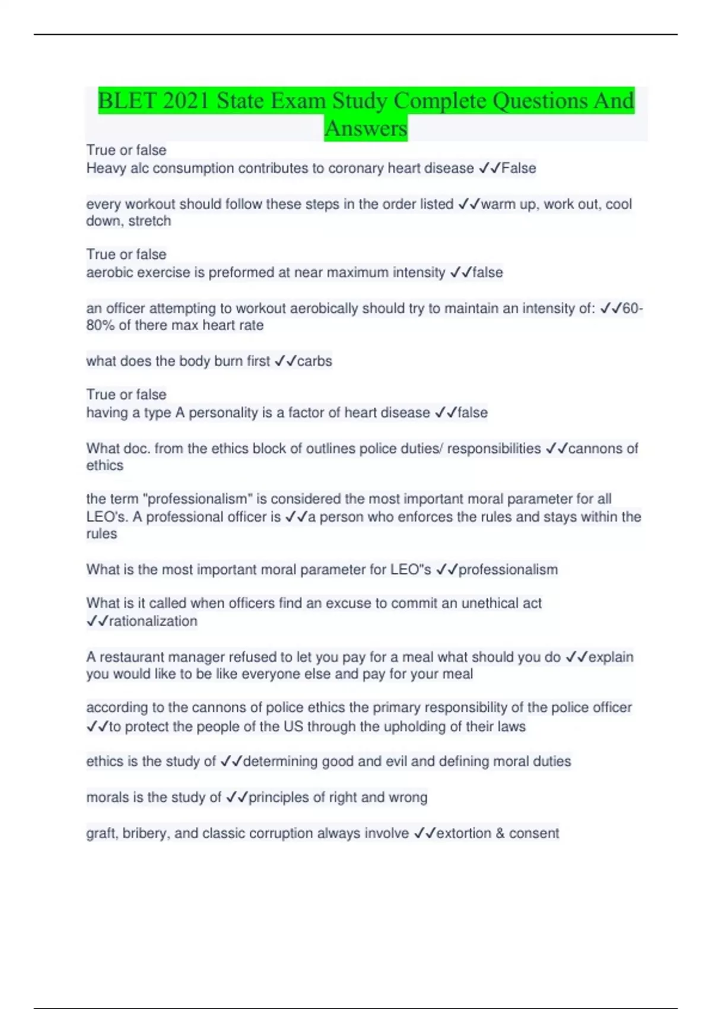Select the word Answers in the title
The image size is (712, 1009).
[x=365, y=128]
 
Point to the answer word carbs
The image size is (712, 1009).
[x=314, y=361]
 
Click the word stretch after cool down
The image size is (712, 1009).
[x=150, y=221]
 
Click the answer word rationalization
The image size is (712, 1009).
[x=152, y=621]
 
